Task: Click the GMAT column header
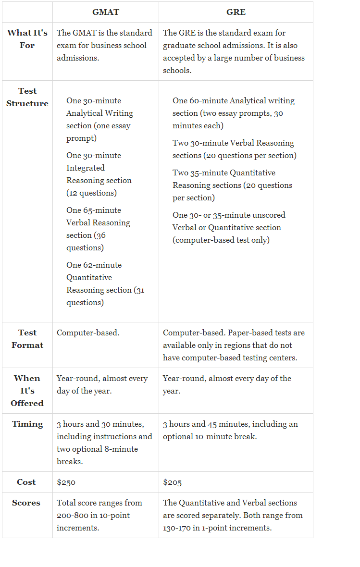(105, 12)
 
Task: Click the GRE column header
(236, 12)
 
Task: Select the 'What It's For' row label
(27, 39)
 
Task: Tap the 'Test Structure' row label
(27, 97)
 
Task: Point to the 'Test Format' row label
(27, 339)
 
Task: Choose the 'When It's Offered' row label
(27, 391)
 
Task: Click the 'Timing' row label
(27, 424)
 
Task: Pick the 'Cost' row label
(26, 482)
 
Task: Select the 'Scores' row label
(26, 503)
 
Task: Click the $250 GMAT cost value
(66, 482)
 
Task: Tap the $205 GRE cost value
(173, 482)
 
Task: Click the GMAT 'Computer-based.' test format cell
(88, 333)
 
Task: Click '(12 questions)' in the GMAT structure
(91, 193)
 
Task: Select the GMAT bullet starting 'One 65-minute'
(98, 229)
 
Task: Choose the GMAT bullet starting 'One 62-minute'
(105, 283)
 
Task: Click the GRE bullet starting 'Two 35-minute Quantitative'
(232, 185)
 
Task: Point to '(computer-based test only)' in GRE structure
(221, 240)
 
